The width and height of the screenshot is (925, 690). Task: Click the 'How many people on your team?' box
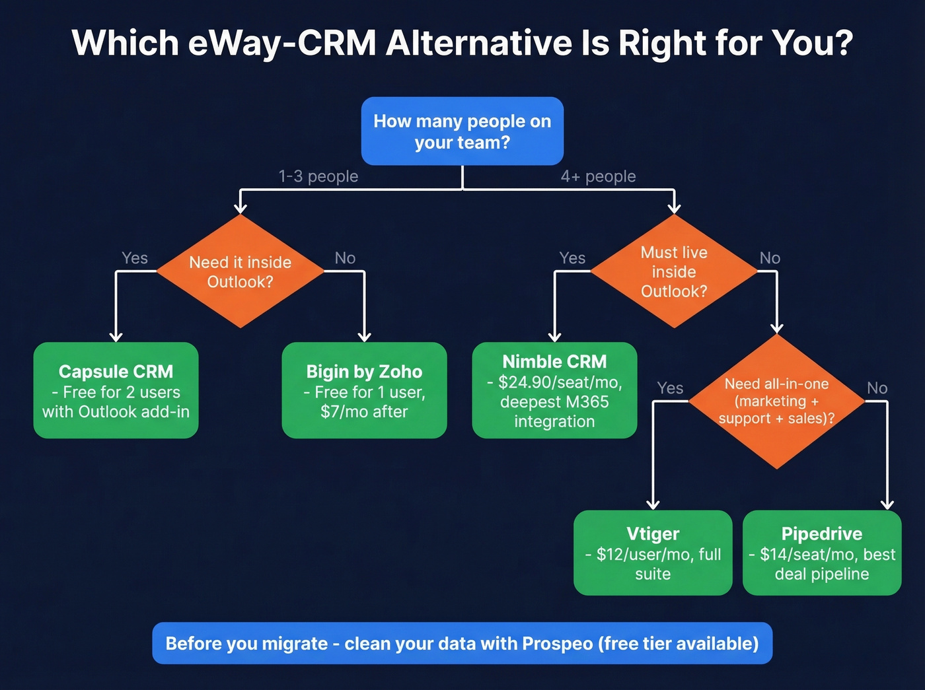[x=462, y=131]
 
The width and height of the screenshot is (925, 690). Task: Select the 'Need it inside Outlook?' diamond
[x=240, y=271]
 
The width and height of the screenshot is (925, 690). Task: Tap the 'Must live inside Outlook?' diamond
[x=673, y=271]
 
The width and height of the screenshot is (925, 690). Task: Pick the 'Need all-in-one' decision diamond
[x=776, y=401]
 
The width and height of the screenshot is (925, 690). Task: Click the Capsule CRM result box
[x=116, y=390]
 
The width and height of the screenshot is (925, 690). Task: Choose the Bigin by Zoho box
[x=364, y=390]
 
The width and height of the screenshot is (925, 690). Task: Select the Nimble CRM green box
[x=554, y=390]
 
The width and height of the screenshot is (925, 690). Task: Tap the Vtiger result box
[x=653, y=553]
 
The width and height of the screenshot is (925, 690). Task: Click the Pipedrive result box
[x=822, y=553]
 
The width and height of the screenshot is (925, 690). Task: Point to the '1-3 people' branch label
[x=318, y=176]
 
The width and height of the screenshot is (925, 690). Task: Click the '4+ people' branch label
[x=598, y=176]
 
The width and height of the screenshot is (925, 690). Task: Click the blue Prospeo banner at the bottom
[x=462, y=643]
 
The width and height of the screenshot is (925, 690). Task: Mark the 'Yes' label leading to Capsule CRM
[x=135, y=258]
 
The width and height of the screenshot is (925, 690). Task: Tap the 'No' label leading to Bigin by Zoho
[x=345, y=258]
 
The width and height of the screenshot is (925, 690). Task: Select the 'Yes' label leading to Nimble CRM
[x=572, y=258]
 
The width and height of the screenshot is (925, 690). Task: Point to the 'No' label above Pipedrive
[x=877, y=388]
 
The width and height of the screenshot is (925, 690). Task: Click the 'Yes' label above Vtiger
[x=670, y=388]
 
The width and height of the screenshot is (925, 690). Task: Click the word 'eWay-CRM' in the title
[x=282, y=43]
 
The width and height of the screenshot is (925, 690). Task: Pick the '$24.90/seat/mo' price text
[x=560, y=382]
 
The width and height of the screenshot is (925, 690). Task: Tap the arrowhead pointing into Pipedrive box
[x=887, y=505]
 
